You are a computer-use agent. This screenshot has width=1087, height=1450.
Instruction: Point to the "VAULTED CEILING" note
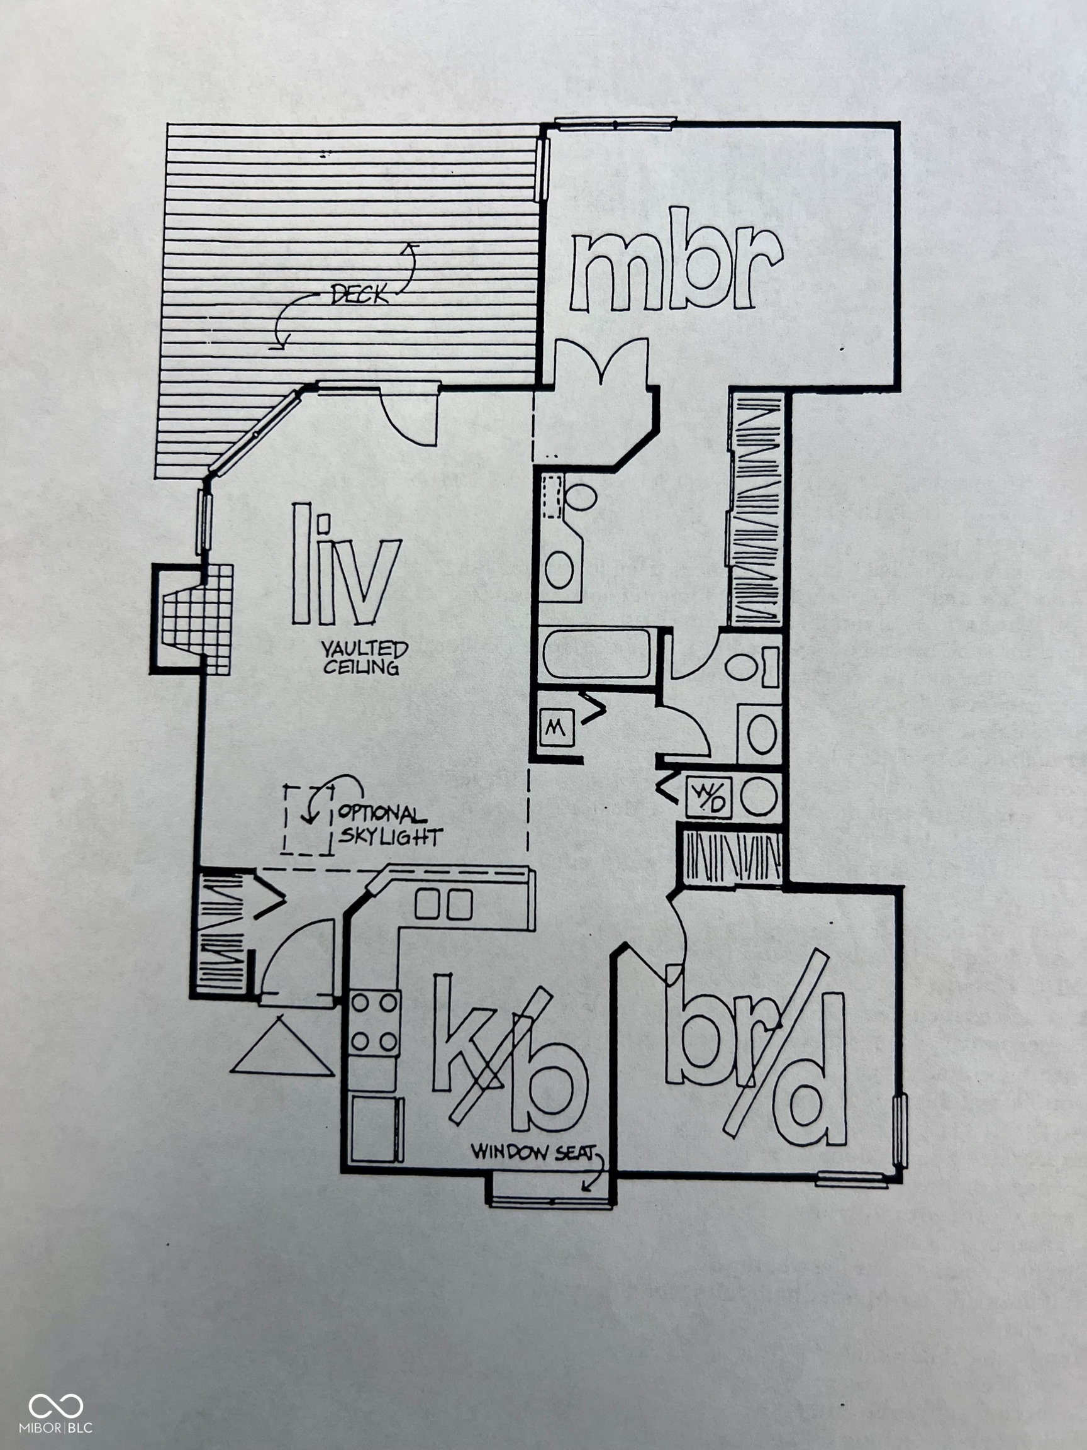point(364,658)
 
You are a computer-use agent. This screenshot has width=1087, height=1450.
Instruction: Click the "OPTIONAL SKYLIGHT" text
point(389,825)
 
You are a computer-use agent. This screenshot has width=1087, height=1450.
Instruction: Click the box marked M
point(556,727)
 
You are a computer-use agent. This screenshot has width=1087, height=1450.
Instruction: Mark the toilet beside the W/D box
point(759,797)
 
